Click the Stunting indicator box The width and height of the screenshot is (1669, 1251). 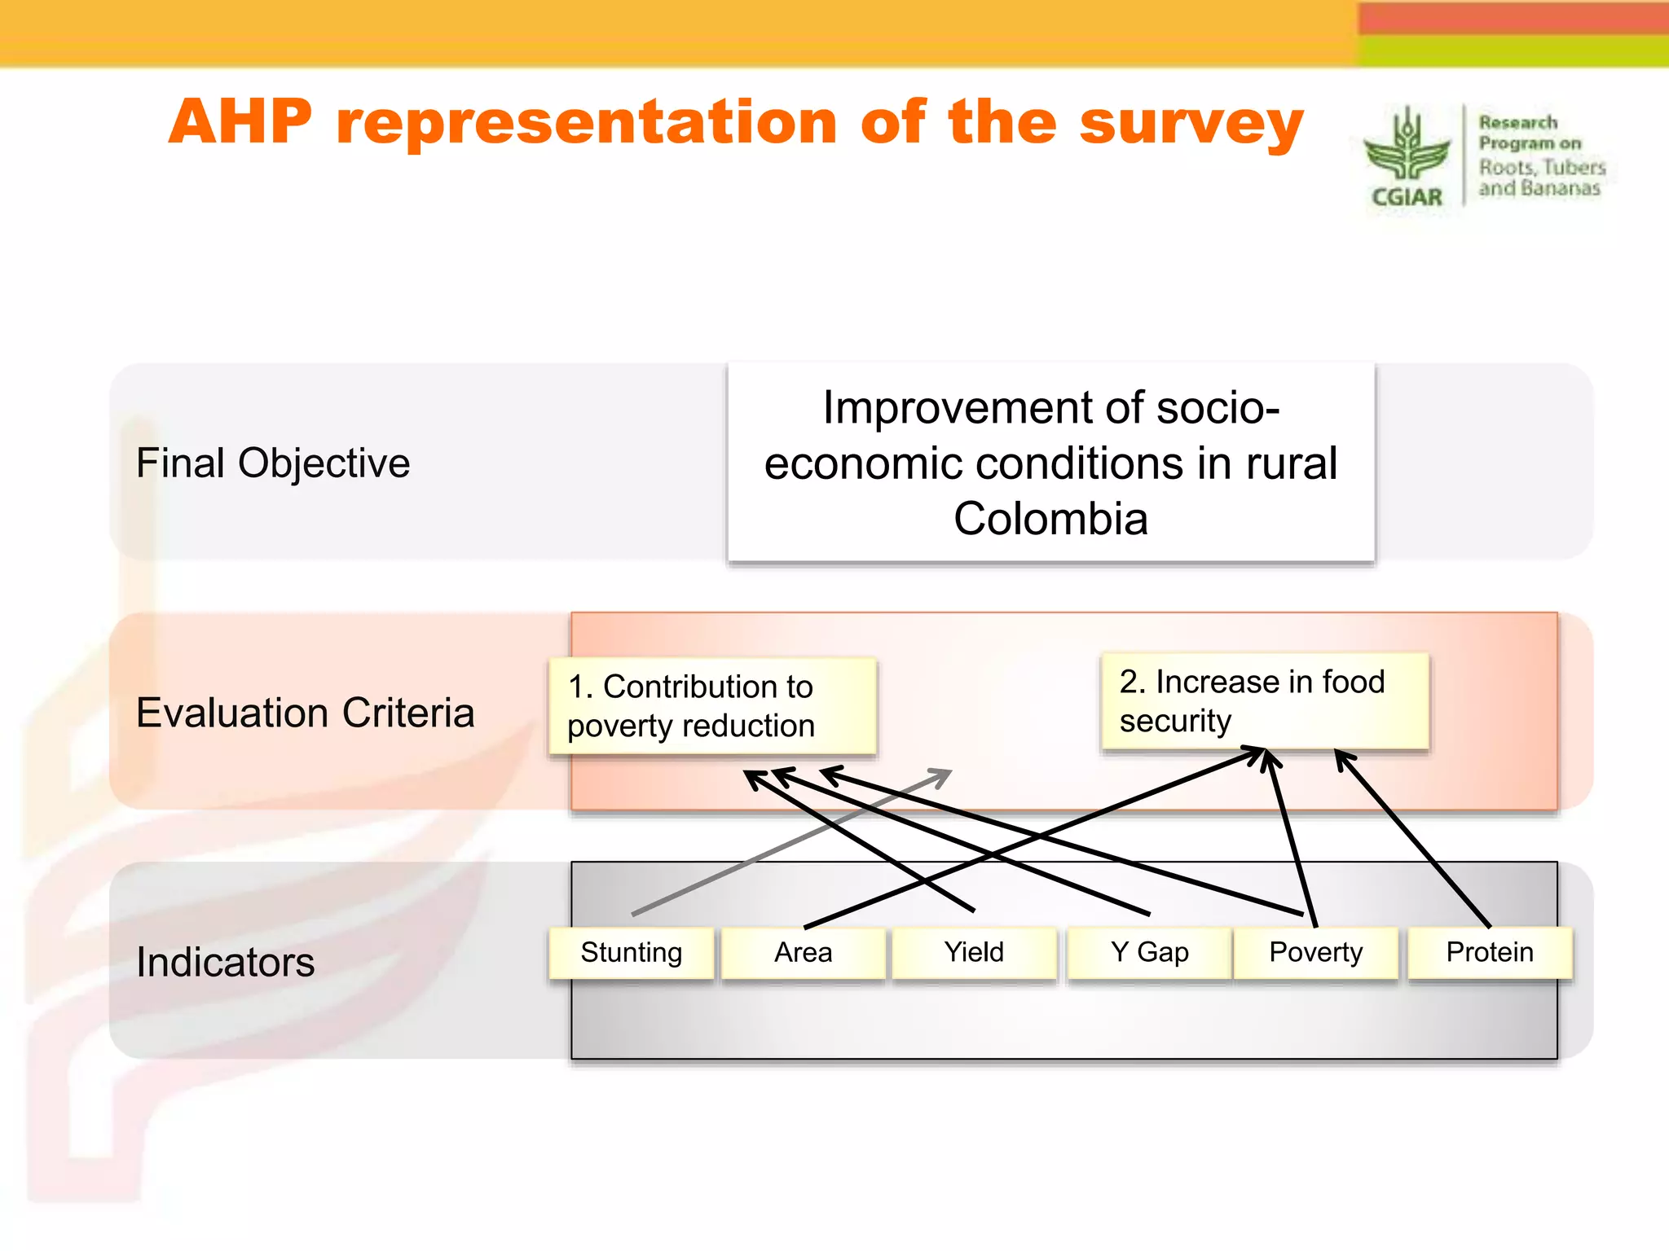(631, 952)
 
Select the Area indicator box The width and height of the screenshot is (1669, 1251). (803, 952)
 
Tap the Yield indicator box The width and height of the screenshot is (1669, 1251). (974, 952)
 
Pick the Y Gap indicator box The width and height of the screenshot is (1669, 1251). (1149, 952)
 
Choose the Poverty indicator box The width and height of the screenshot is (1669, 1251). (1315, 952)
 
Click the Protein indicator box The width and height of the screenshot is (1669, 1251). (1490, 952)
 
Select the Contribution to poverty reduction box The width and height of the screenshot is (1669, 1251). (712, 706)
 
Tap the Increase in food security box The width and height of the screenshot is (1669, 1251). (1264, 701)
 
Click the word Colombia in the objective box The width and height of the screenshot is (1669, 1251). (1050, 519)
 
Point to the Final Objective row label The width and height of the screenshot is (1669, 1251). (273, 463)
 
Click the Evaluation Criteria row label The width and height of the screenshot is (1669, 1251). (305, 713)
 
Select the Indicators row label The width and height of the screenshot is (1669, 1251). (226, 962)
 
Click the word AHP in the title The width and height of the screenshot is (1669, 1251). (240, 122)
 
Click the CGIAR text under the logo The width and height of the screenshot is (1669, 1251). (1407, 197)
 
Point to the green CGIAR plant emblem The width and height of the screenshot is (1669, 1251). (1407, 147)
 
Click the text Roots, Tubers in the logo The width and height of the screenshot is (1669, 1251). (1542, 168)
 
